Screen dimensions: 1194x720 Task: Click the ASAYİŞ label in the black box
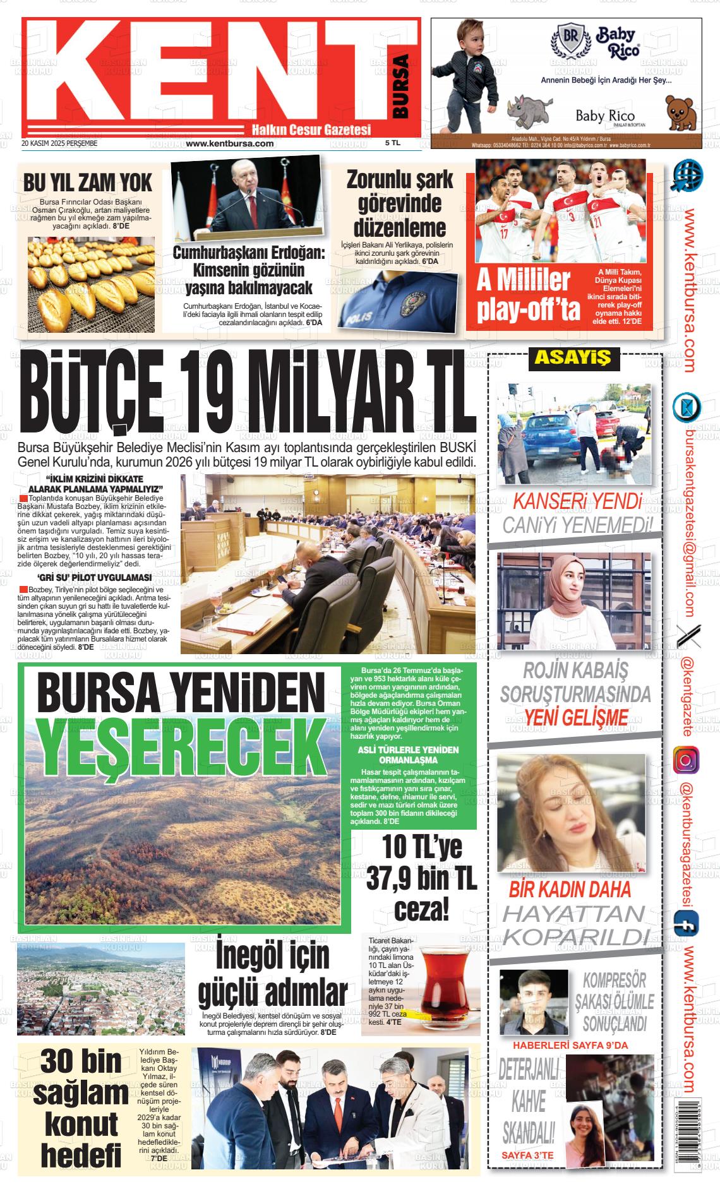(573, 358)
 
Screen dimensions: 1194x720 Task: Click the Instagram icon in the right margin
(686, 760)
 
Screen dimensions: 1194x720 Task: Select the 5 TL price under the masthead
(393, 143)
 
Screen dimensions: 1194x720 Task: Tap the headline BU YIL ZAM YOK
(88, 182)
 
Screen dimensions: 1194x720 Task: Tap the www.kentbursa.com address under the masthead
(230, 143)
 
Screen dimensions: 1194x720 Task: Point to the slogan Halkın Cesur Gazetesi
(311, 129)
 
